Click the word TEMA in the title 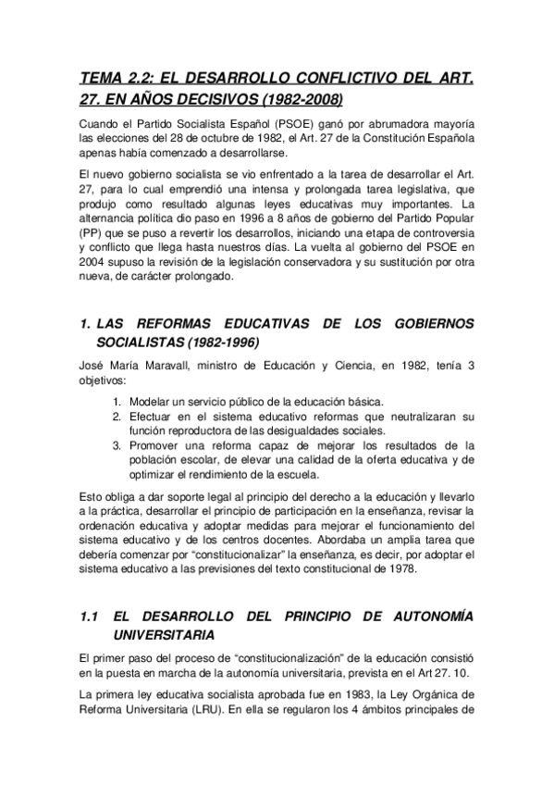coord(103,79)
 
